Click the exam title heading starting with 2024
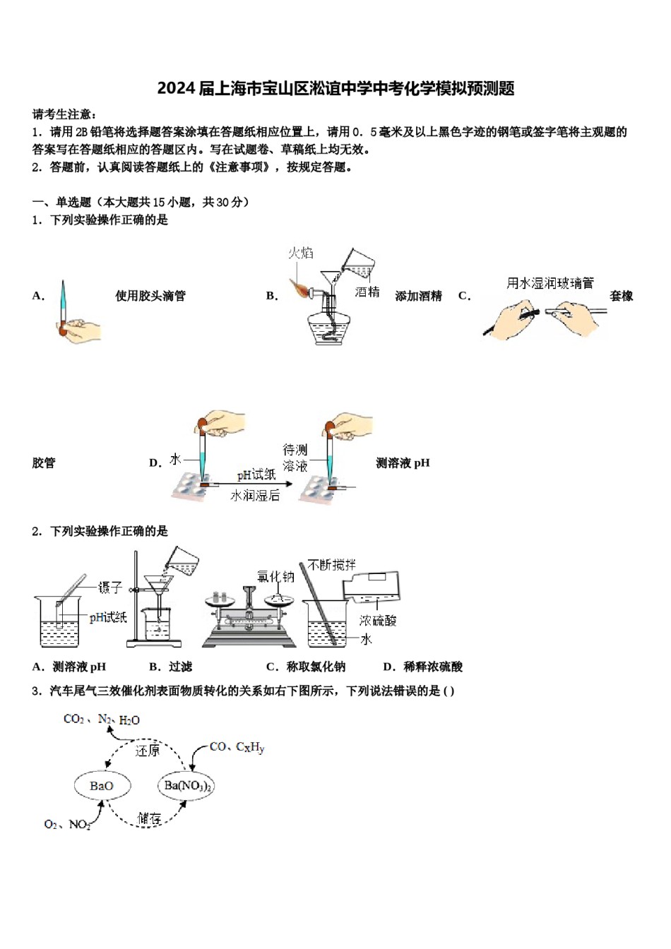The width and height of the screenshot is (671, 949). click(335, 88)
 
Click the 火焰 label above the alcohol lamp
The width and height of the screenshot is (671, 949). click(300, 253)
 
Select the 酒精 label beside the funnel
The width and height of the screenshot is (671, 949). click(367, 292)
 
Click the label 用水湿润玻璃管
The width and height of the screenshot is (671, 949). click(550, 283)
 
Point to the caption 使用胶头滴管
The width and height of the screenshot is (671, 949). click(150, 296)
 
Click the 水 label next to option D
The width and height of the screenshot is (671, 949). click(175, 460)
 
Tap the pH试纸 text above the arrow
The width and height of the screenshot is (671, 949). click(256, 474)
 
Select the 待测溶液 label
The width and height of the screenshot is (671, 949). click(295, 458)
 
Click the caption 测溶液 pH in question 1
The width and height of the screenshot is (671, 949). click(403, 463)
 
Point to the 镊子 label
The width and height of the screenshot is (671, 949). click(110, 587)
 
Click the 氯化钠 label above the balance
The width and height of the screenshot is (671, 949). click(275, 577)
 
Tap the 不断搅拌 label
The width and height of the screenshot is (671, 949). click(332, 565)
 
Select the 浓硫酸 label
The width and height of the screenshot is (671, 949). click(378, 620)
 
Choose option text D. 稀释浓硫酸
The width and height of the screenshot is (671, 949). click(422, 667)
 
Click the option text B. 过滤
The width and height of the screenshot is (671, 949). click(170, 667)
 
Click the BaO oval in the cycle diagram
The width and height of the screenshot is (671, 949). click(101, 786)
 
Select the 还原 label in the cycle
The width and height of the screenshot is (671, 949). click(147, 751)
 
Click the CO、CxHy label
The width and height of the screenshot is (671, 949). click(237, 746)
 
